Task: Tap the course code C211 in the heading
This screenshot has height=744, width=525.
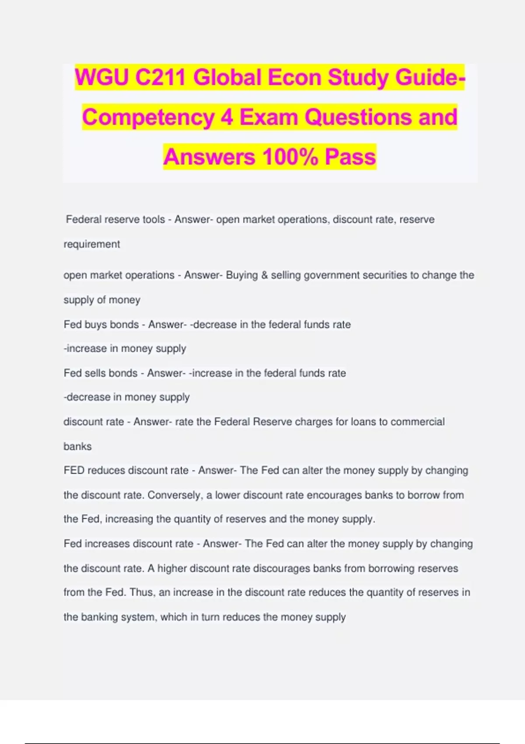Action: pos(161,78)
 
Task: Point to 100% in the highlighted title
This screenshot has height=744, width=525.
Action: pos(290,157)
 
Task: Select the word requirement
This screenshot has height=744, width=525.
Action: pos(92,244)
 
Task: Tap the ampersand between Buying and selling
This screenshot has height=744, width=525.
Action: pos(264,275)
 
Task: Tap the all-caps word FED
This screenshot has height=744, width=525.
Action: pos(74,470)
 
